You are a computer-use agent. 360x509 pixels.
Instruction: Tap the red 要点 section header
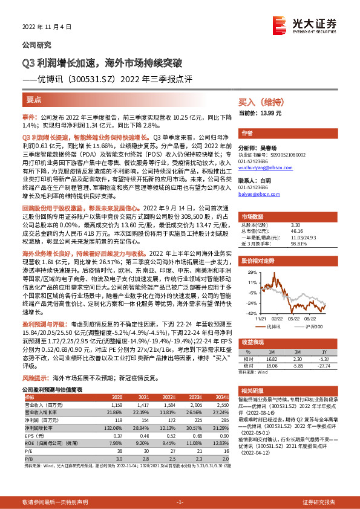pos(34,99)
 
